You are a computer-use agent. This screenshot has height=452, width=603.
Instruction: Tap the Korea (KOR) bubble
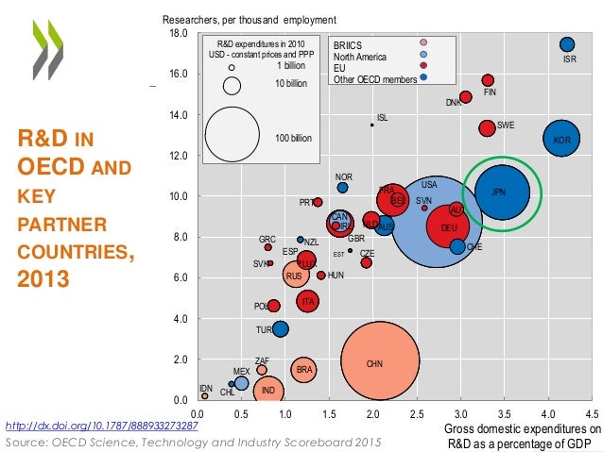point(561,140)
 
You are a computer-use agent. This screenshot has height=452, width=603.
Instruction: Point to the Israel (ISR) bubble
point(567,44)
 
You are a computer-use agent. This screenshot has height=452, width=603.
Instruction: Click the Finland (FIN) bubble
point(488,80)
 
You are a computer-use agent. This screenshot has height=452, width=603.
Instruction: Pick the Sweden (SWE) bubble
point(487,127)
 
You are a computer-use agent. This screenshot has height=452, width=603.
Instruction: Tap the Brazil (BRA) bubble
point(303,370)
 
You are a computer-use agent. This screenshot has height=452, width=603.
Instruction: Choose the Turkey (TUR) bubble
point(280,329)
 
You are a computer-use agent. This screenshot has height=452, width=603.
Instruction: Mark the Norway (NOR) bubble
point(343,187)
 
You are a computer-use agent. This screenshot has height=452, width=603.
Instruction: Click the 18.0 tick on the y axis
point(179,33)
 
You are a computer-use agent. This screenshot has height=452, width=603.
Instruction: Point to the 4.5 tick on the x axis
point(592,412)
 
